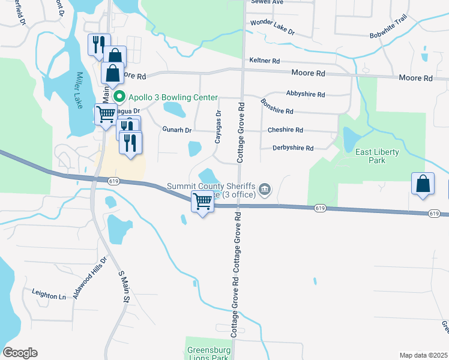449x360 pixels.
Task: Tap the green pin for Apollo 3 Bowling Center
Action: click(x=119, y=97)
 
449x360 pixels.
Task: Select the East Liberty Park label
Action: click(x=377, y=157)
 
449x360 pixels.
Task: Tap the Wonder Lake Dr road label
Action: click(x=273, y=26)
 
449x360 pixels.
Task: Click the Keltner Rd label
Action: click(x=264, y=61)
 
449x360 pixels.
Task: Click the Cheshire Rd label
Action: click(x=285, y=130)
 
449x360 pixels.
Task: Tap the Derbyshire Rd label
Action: click(x=293, y=148)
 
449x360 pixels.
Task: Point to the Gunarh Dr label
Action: click(x=176, y=130)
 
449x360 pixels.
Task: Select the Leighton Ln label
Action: click(x=49, y=295)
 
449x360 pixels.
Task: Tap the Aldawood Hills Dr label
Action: click(x=89, y=278)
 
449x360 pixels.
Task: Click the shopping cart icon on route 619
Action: click(x=203, y=202)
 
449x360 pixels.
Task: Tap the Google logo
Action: click(x=20, y=353)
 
